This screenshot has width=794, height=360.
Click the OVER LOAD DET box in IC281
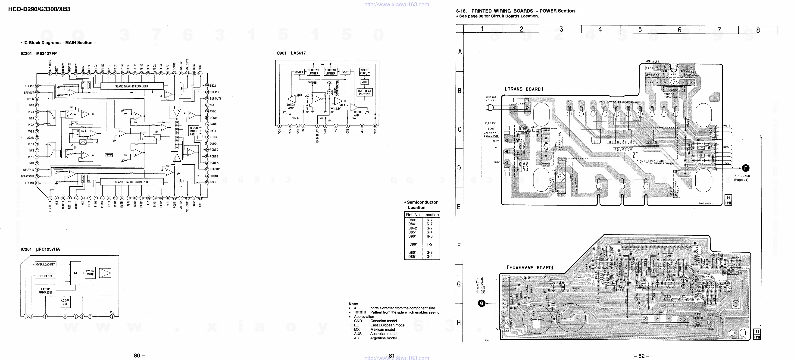tap(45, 264)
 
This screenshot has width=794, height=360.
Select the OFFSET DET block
tap(45, 276)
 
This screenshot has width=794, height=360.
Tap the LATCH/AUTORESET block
tap(45, 291)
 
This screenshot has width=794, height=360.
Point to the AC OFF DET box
tap(65, 302)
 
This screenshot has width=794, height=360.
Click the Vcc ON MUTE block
tap(90, 272)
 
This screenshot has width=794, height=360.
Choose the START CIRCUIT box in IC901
tap(365, 72)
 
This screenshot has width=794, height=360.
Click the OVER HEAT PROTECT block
tap(364, 92)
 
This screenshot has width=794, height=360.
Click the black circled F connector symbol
tap(745, 168)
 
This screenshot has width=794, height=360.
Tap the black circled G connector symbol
tap(481, 304)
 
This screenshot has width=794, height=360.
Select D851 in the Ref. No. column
tap(413, 232)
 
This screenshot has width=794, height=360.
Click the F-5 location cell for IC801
tap(429, 244)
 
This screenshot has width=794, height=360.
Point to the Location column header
tap(431, 215)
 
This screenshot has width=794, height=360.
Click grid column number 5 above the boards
tap(640, 30)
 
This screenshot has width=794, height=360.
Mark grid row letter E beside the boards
tap(459, 207)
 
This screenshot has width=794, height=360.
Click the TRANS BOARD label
tap(524, 89)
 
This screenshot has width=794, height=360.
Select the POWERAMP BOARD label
tap(530, 268)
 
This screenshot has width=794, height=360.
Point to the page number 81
tap(391, 356)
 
